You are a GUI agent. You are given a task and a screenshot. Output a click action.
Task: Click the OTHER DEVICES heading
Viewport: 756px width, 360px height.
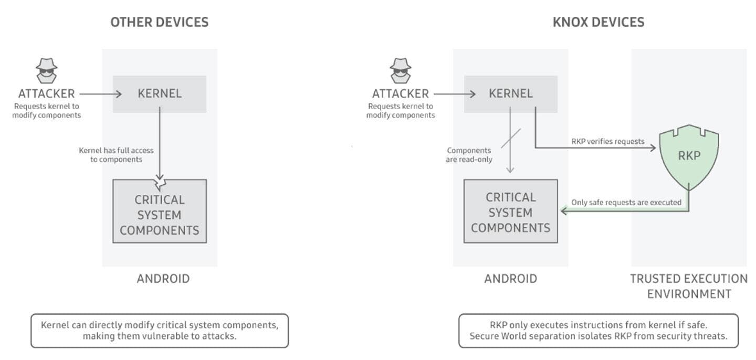coord(159,22)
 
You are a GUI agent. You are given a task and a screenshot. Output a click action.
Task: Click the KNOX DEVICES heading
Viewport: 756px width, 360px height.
coord(598,22)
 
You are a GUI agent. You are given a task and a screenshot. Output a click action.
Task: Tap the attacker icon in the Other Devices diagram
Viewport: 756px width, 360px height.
coord(47,71)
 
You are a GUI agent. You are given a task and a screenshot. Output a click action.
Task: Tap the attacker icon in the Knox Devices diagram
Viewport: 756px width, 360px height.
coord(401,71)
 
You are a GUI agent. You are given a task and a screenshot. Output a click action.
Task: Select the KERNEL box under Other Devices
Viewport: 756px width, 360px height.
coord(160,94)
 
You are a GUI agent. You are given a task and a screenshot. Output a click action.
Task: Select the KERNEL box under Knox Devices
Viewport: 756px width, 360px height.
coord(511,94)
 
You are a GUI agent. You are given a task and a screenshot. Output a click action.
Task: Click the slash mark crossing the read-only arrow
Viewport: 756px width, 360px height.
coord(511,139)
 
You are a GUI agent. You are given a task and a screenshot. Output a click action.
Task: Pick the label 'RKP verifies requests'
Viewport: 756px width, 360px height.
coord(607,141)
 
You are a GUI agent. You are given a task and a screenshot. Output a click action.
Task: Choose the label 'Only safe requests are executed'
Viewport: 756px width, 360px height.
coord(626,203)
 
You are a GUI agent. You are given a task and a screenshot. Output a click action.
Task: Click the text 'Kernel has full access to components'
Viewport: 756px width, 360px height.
coord(116,155)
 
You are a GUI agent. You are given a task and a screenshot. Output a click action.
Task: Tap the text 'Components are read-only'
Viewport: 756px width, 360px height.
coord(469,155)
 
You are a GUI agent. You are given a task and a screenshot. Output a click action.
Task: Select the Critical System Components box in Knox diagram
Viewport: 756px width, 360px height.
coord(511,211)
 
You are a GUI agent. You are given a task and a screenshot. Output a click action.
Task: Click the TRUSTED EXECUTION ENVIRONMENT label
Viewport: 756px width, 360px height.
coord(689,286)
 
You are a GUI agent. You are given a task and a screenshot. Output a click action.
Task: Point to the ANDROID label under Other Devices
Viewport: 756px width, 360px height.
coord(163,279)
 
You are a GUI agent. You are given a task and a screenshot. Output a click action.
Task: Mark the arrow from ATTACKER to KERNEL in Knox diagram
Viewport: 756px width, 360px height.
coord(455,94)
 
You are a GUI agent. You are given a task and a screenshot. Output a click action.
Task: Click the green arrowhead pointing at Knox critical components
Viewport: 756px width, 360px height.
coord(564,211)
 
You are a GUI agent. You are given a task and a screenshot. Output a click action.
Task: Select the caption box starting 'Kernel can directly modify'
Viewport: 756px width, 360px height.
coord(160,331)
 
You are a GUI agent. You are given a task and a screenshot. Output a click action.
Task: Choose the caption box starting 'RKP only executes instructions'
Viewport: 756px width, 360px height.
coord(598,331)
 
